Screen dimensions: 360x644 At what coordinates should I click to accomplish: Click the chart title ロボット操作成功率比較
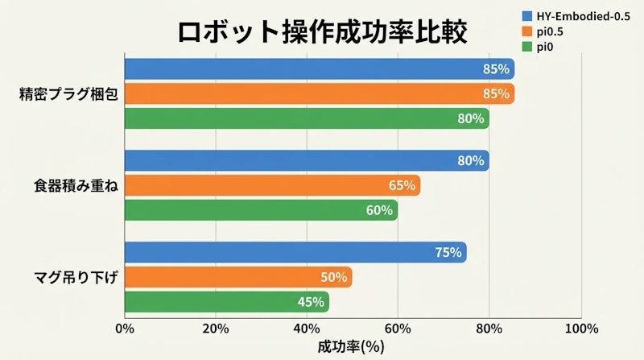tap(321, 34)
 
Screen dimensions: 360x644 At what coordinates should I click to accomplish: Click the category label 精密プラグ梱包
tap(69, 93)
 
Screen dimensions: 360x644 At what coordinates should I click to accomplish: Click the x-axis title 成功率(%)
tap(352, 347)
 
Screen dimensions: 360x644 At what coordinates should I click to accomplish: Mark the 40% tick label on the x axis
tap(307, 329)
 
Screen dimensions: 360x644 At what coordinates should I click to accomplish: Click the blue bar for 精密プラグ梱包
tap(319, 69)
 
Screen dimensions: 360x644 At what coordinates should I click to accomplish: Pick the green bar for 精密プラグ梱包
tap(306, 118)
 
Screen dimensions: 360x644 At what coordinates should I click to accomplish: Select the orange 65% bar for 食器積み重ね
tap(272, 186)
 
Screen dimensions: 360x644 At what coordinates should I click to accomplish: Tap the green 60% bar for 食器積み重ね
tap(261, 210)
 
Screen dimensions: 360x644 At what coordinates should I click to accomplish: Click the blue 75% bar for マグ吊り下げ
tap(295, 253)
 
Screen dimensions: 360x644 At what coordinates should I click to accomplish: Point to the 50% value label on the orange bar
tap(333, 278)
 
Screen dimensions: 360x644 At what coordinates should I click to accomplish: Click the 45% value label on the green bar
tap(311, 302)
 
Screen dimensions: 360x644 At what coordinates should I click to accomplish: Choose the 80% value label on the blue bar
tap(470, 161)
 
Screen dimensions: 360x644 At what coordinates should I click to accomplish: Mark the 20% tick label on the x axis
tap(216, 329)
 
